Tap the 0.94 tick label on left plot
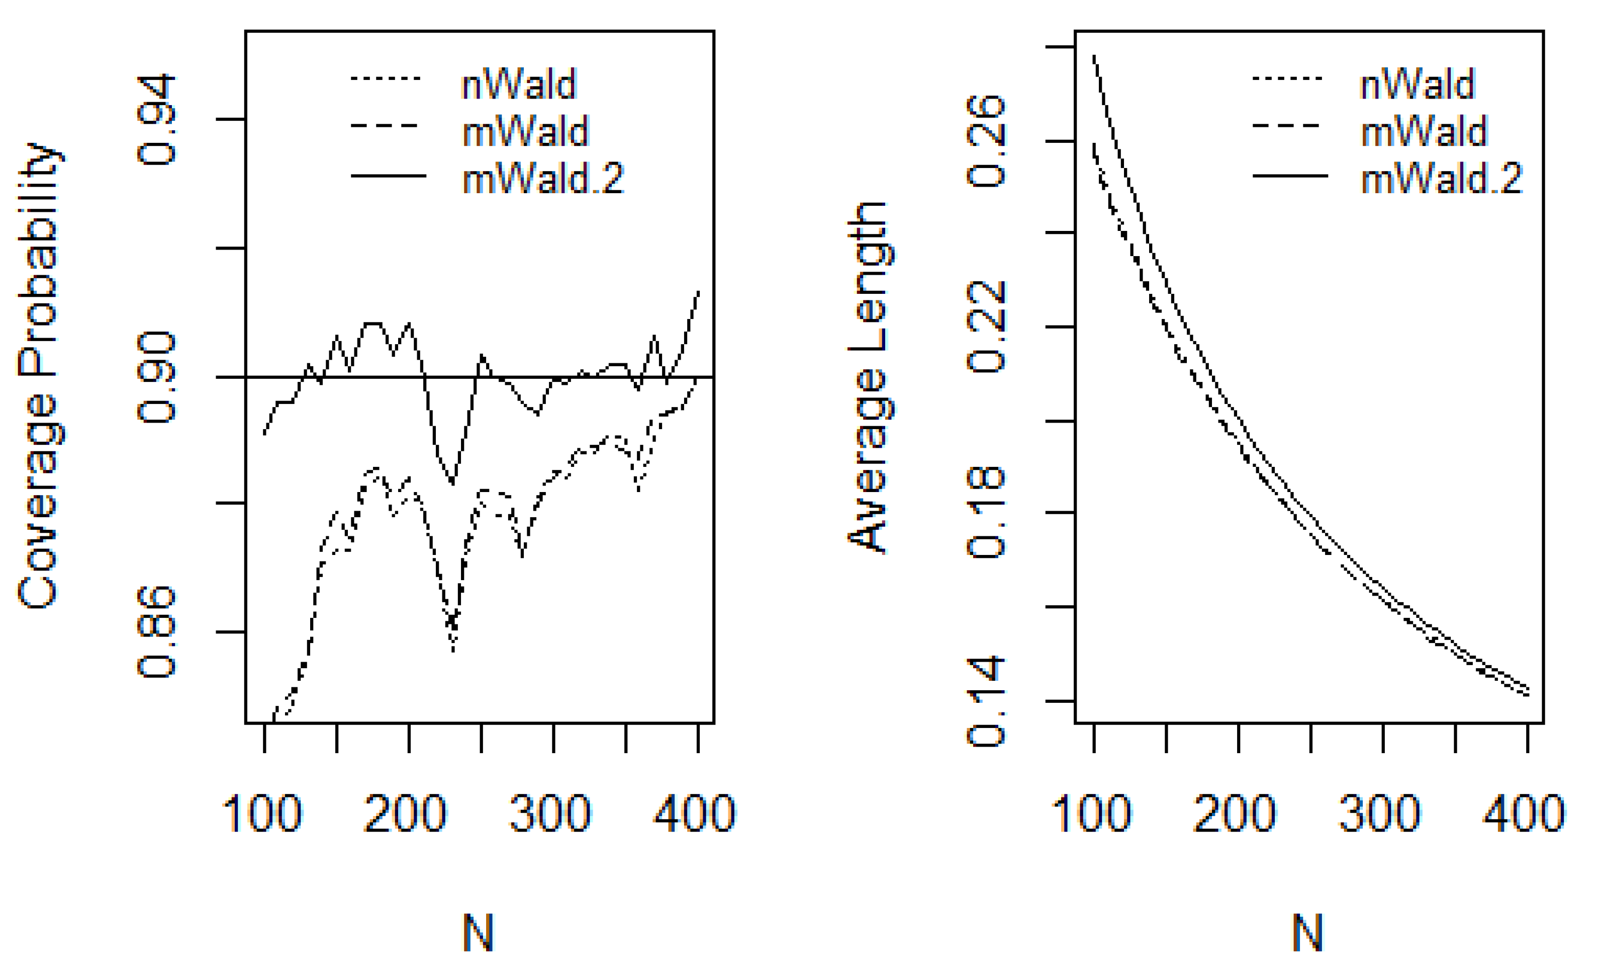pyautogui.click(x=156, y=120)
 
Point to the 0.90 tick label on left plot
pyautogui.click(x=156, y=377)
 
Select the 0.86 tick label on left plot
pyautogui.click(x=156, y=632)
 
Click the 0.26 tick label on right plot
pyautogui.click(x=986, y=141)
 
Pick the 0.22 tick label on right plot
pyautogui.click(x=986, y=326)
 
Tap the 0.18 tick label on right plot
pyautogui.click(x=986, y=513)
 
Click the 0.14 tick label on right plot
pyautogui.click(x=986, y=701)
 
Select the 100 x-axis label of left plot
pyautogui.click(x=262, y=814)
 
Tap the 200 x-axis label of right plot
pyautogui.click(x=1235, y=814)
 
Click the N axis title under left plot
pyautogui.click(x=479, y=933)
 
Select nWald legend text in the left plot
pyautogui.click(x=518, y=85)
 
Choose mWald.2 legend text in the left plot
pyautogui.click(x=543, y=178)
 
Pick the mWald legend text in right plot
pyautogui.click(x=1424, y=131)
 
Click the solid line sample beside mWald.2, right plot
pyautogui.click(x=1290, y=176)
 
